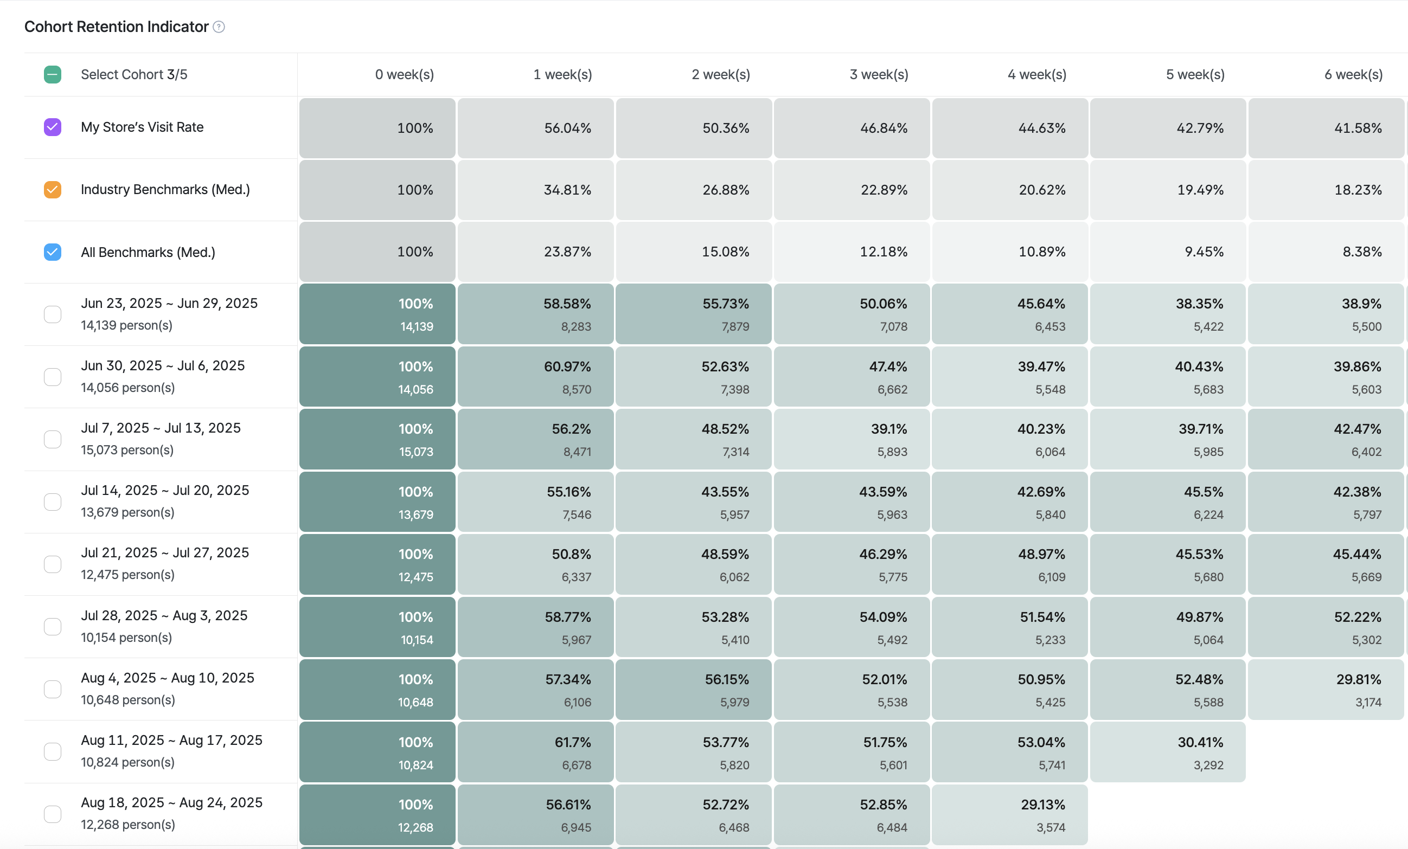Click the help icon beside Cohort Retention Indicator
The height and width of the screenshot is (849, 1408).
pyautogui.click(x=219, y=27)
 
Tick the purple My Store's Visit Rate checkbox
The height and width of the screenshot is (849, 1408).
pyautogui.click(x=53, y=127)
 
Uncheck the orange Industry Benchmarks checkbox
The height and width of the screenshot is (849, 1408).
pyautogui.click(x=53, y=189)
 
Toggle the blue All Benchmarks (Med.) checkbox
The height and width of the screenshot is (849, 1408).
pyautogui.click(x=53, y=252)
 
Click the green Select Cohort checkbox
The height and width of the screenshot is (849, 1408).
pyautogui.click(x=53, y=74)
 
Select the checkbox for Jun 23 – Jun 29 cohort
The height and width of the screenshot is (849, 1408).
pyautogui.click(x=53, y=314)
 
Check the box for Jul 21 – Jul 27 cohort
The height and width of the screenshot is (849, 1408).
pyautogui.click(x=53, y=564)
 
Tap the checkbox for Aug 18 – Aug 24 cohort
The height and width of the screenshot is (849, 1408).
pyautogui.click(x=53, y=814)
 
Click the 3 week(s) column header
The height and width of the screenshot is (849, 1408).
pyautogui.click(x=879, y=74)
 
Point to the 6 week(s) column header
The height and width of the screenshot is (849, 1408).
pyautogui.click(x=1353, y=74)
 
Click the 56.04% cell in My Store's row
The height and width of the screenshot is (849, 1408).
pyautogui.click(x=535, y=128)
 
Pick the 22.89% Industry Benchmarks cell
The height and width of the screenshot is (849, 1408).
pyautogui.click(x=852, y=190)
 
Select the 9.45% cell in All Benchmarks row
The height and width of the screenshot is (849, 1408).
pyautogui.click(x=1167, y=252)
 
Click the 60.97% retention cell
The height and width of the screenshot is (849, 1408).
pyautogui.click(x=535, y=376)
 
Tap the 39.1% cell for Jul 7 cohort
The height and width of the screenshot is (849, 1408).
pyautogui.click(x=852, y=439)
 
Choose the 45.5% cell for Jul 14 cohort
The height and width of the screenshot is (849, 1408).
pyautogui.click(x=1167, y=501)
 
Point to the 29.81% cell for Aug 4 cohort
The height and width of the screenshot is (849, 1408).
pyautogui.click(x=1326, y=689)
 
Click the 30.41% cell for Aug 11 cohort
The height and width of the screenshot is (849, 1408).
pyautogui.click(x=1167, y=752)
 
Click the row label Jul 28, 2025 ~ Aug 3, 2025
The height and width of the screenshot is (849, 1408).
pyautogui.click(x=164, y=615)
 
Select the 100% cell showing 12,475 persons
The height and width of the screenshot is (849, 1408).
pyautogui.click(x=377, y=564)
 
